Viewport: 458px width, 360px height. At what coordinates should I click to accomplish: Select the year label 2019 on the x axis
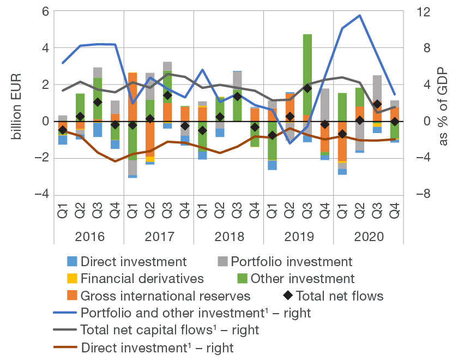click(x=298, y=237)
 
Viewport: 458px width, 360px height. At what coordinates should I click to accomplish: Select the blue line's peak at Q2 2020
click(x=360, y=15)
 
